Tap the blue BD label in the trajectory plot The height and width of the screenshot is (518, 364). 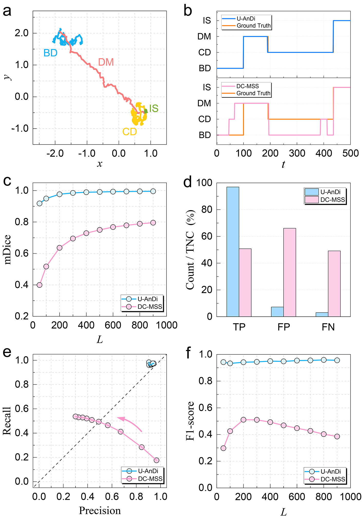point(50,53)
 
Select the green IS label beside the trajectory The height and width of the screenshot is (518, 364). point(154,109)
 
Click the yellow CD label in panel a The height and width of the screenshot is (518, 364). point(129,132)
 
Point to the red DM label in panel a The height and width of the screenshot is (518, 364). point(106,62)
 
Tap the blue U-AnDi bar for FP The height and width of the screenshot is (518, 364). point(277,311)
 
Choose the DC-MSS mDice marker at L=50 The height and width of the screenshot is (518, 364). point(40,285)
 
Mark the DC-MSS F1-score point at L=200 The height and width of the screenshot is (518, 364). point(244,420)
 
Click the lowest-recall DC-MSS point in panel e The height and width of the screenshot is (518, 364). point(156,460)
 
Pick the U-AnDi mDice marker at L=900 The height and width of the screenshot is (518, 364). point(153,191)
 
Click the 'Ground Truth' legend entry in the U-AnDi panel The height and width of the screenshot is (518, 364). point(253,26)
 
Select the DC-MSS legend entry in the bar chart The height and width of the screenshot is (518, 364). point(332,200)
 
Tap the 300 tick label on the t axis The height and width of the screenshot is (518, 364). point(297,154)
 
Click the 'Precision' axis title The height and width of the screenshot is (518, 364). point(100,511)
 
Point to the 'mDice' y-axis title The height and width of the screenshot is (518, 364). point(8,249)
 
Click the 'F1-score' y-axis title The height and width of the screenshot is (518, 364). point(190,421)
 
